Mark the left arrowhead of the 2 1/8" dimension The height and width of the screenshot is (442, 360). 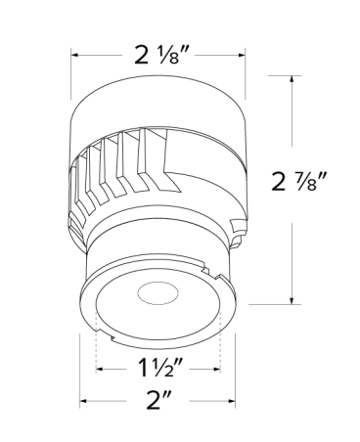73,56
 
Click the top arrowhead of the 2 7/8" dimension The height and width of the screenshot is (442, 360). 293,75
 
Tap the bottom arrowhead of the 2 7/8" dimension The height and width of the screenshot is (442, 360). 293,301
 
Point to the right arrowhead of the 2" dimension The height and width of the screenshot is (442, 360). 235,401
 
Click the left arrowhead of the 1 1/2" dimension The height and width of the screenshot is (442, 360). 97,370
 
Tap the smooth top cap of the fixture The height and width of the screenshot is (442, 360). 157,103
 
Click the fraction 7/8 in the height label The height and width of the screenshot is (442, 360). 315,180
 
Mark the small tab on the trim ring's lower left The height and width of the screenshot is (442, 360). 112,338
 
